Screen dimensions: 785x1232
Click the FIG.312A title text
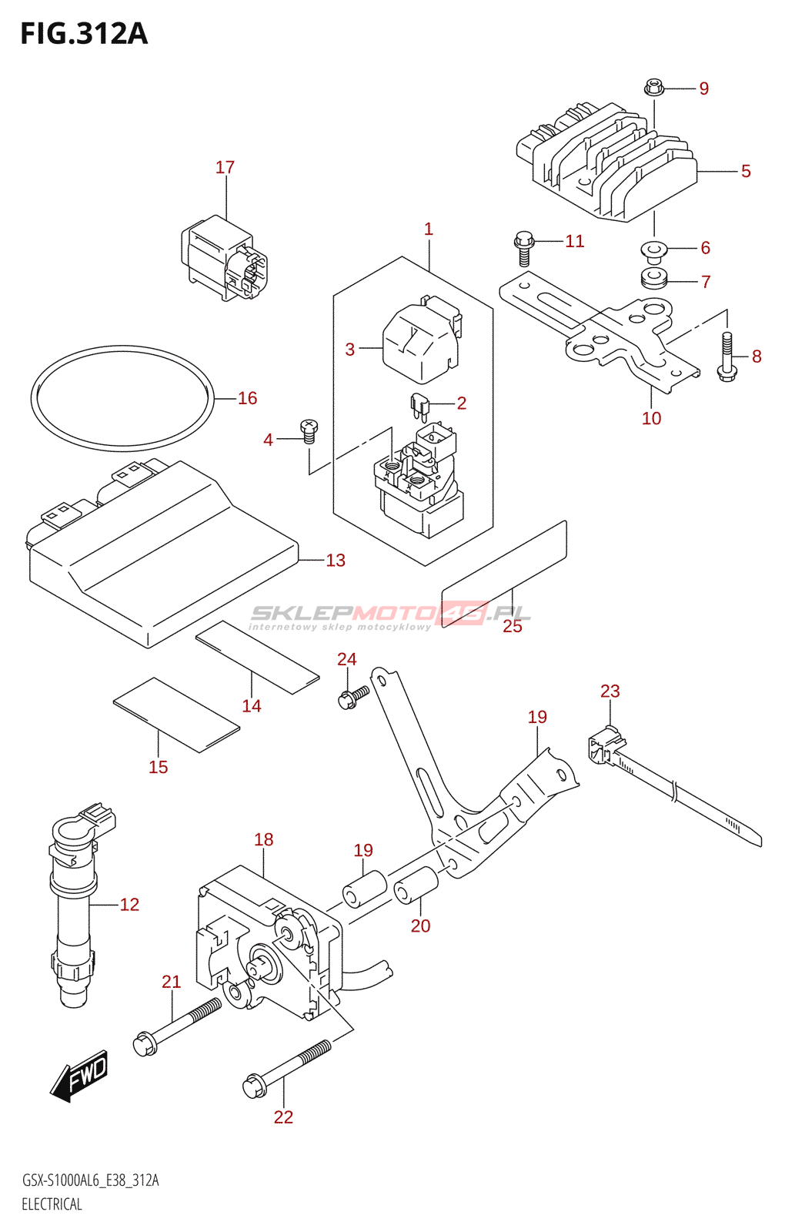pyautogui.click(x=84, y=34)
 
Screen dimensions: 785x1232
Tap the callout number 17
pyautogui.click(x=225, y=167)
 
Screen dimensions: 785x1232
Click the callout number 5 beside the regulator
pyautogui.click(x=746, y=171)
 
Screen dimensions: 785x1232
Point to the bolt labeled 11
pyautogui.click(x=524, y=248)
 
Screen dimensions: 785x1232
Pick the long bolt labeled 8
pyautogui.click(x=727, y=357)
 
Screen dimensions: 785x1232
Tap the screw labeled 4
pyautogui.click(x=309, y=430)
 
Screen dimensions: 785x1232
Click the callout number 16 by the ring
pyautogui.click(x=247, y=398)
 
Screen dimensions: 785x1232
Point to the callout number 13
pyautogui.click(x=336, y=561)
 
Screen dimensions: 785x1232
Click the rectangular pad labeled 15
pyautogui.click(x=176, y=715)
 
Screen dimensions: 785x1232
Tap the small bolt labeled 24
pyautogui.click(x=353, y=698)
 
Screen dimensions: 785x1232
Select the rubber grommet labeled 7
pyautogui.click(x=653, y=278)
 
